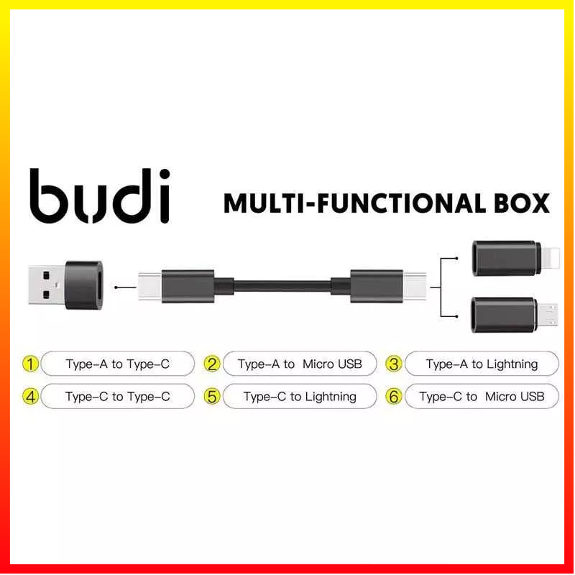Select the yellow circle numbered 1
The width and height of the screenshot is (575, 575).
[x=30, y=364]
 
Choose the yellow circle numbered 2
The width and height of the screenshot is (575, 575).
[x=211, y=364]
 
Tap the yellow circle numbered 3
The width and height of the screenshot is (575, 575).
[x=393, y=364]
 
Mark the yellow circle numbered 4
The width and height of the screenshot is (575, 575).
[x=30, y=396]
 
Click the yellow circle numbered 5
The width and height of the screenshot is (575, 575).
[x=211, y=396]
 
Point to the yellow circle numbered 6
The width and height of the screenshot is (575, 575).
[x=393, y=396]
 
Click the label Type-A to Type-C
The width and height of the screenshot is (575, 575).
[x=118, y=364]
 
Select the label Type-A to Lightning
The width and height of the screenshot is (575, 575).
[x=482, y=364]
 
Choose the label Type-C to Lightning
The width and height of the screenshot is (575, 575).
[x=300, y=396]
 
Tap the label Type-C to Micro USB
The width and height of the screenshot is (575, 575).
[x=482, y=396]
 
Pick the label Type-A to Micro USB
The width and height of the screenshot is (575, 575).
[x=300, y=364]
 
